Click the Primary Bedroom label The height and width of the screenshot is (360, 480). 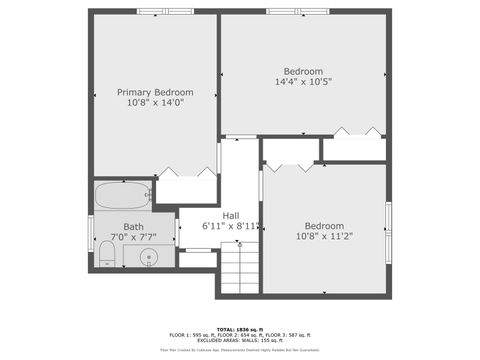[x=155, y=92]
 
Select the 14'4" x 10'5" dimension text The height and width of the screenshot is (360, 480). [x=303, y=82]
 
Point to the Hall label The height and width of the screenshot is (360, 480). [x=230, y=215]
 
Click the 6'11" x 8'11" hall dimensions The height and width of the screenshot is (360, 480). [x=231, y=226]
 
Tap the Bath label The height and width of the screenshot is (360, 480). [x=133, y=227]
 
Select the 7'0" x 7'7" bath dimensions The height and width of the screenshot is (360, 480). [x=133, y=238]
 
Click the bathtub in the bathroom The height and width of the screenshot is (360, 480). [x=122, y=195]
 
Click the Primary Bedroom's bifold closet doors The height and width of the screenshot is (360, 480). [x=186, y=172]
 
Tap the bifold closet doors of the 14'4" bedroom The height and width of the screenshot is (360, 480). [x=356, y=131]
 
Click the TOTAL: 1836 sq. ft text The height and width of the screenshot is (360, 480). [x=240, y=328]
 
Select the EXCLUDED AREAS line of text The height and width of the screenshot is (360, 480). [x=240, y=340]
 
